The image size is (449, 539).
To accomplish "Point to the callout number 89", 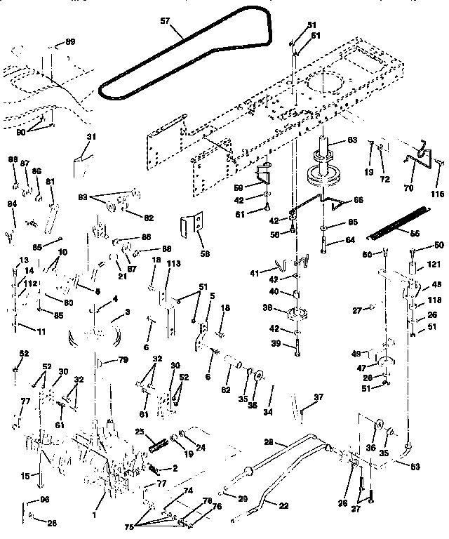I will coord(70,43).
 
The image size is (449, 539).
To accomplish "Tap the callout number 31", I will coord(90,137).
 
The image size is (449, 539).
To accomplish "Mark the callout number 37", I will coord(319,397).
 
